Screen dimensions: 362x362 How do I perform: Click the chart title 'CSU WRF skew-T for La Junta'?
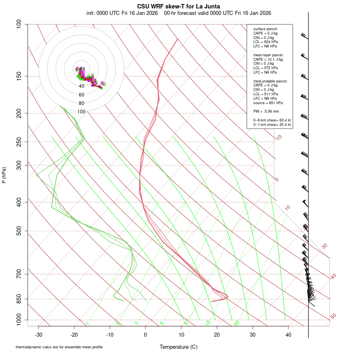pyautogui.click(x=179, y=6)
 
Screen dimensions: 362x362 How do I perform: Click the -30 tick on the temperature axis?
pyautogui.click(x=39, y=334)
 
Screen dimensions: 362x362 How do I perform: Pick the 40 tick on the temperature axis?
pyautogui.click(x=288, y=334)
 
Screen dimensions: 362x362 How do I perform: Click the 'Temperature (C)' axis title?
pyautogui.click(x=179, y=347)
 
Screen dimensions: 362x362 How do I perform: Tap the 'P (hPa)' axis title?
pyautogui.click(x=4, y=175)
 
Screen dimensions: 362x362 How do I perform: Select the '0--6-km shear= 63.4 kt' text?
pyautogui.click(x=272, y=120)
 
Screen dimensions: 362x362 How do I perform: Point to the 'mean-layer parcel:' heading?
pyautogui.click(x=268, y=55)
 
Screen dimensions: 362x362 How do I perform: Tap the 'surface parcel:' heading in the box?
pyautogui.click(x=265, y=29)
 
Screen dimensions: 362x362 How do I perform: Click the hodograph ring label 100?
pyautogui.click(x=82, y=112)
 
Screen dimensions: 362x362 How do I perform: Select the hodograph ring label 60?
pyautogui.click(x=82, y=95)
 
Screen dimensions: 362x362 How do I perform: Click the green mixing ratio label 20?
pyautogui.click(x=237, y=323)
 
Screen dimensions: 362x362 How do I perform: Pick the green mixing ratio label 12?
pyautogui.click(x=208, y=323)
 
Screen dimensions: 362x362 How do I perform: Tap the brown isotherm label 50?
pyautogui.click(x=333, y=317)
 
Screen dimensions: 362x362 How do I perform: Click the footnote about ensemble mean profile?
pyautogui.click(x=59, y=347)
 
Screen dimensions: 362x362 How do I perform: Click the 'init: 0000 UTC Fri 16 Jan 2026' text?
pyautogui.click(x=122, y=13)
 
